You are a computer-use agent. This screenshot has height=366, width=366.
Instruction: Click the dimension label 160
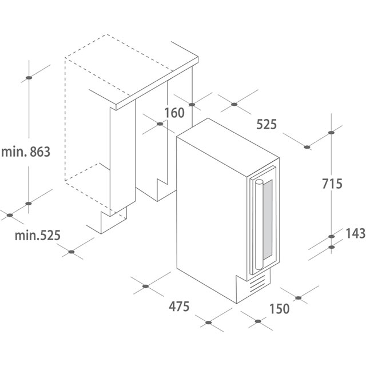click(174, 113)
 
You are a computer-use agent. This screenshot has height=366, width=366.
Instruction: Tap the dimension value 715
click(332, 184)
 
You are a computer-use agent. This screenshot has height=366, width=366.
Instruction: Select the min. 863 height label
click(26, 152)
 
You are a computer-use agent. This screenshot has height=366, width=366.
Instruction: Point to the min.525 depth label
click(38, 235)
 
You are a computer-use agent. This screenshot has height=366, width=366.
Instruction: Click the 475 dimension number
click(179, 307)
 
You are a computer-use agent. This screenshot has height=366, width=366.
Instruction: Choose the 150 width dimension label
click(280, 309)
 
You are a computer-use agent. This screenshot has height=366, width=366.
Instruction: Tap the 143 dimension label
click(356, 233)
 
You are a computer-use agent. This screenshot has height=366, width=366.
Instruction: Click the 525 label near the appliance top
click(266, 124)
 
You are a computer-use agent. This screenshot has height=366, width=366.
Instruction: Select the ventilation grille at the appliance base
click(257, 284)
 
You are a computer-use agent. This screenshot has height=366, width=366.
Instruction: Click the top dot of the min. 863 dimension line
click(29, 78)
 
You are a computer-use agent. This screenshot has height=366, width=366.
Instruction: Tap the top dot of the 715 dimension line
click(331, 133)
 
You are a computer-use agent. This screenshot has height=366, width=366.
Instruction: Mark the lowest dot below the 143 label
click(332, 247)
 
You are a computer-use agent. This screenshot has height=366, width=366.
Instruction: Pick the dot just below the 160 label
click(160, 124)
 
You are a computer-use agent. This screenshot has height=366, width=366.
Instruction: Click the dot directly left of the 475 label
click(145, 286)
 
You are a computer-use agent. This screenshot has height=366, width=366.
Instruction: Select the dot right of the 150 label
click(298, 298)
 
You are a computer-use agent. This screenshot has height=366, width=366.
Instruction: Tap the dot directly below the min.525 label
click(71, 252)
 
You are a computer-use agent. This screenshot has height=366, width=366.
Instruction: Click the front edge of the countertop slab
click(157, 83)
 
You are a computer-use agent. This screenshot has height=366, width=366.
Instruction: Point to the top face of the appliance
click(228, 142)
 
